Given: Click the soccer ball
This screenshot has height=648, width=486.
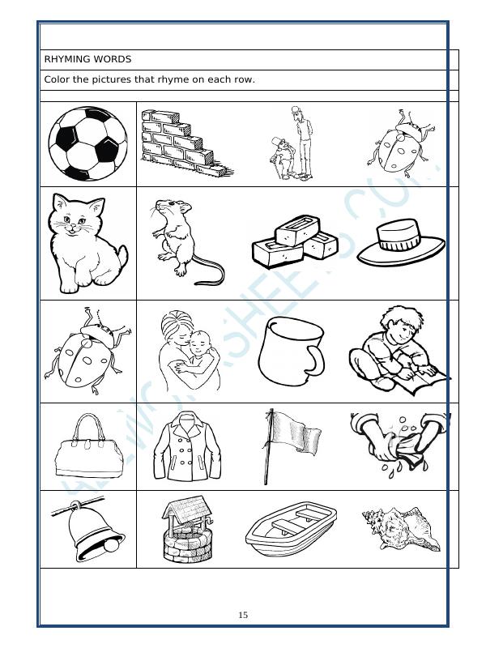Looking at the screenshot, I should click(87, 144).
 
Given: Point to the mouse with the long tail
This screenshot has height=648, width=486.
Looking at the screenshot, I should click(183, 241).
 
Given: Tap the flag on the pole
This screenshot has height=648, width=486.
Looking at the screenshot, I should click(283, 446).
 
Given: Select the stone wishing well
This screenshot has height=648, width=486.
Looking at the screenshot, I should click(187, 530).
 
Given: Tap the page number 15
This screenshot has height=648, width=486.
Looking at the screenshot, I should click(243, 616).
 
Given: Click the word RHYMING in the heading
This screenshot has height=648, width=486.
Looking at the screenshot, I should click(67, 59).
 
